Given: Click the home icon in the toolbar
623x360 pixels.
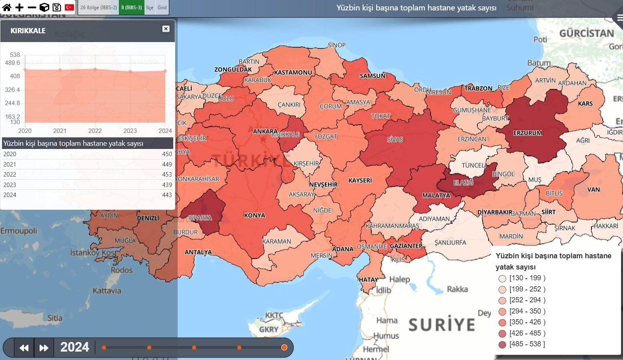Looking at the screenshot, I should [x=7, y=7].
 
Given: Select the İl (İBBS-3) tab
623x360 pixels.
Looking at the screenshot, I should [x=131, y=7].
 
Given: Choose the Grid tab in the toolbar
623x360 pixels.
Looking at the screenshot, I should [x=162, y=7].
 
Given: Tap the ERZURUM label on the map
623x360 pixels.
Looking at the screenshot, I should [x=527, y=133].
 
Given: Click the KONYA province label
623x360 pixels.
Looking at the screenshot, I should [x=254, y=215].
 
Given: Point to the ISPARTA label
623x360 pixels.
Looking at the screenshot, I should [x=200, y=218].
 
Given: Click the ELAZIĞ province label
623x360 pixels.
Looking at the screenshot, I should [x=463, y=183].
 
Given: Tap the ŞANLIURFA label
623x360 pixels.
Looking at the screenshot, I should [x=450, y=243].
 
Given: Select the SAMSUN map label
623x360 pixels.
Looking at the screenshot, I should [x=372, y=76].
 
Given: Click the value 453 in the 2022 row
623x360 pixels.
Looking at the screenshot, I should [x=167, y=175].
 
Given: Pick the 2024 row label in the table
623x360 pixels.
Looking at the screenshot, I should [x=10, y=195].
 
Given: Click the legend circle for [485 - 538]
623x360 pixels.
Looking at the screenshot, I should [x=502, y=344].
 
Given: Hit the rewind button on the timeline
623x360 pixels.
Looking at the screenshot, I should [x=24, y=348].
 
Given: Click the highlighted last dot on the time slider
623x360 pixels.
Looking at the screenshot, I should [x=284, y=347].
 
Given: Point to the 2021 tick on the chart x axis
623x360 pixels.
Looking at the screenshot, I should [x=60, y=131].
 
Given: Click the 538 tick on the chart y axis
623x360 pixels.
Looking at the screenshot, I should [x=15, y=55].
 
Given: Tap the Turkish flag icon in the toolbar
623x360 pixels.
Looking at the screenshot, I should [x=69, y=7].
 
